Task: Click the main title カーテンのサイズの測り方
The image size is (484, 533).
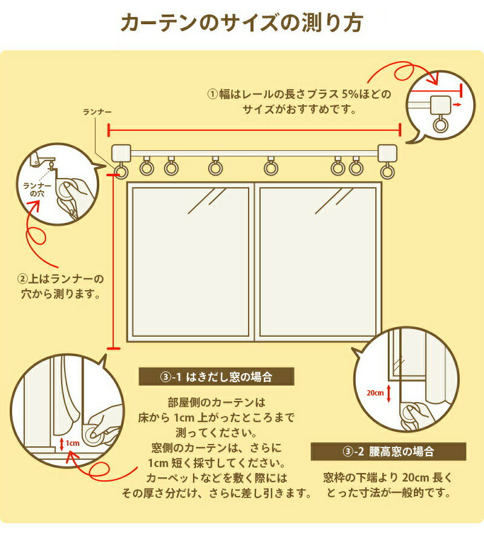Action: pos(242,23)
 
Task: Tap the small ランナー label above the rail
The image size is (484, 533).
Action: pos(97,112)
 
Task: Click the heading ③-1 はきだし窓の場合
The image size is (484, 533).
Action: pos(217,377)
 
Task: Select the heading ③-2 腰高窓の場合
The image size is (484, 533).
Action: pos(388,451)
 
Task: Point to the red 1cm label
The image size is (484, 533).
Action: pos(73,443)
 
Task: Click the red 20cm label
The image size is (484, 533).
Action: pos(375,392)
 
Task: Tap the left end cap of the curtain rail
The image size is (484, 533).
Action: pos(121,154)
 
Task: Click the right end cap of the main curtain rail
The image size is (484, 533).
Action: pos(387,153)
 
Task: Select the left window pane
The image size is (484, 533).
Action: pos(190,262)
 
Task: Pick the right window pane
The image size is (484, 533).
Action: pos(318,262)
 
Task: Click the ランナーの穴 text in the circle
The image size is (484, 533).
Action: pos(37,190)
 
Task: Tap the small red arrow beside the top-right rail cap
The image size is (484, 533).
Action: pos(457,105)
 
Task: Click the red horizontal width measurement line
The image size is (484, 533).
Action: pos(254,130)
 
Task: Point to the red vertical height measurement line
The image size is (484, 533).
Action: pos(113,262)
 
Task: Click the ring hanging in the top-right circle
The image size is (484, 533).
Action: pos(440,124)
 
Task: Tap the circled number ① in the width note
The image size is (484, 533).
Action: pos(212,94)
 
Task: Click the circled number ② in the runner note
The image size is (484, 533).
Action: pos(22,279)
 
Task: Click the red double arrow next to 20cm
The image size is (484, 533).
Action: pos(389,393)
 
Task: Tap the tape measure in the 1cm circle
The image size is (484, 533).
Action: pos(93,434)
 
